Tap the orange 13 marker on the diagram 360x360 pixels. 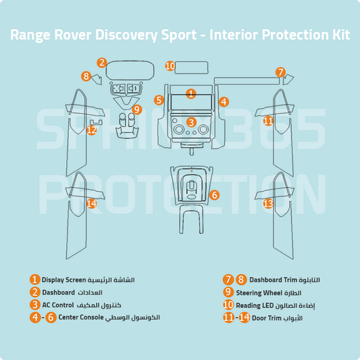(268, 203)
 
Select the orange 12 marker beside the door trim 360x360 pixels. (92, 130)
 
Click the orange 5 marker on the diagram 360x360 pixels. (159, 100)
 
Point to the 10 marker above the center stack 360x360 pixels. (171, 66)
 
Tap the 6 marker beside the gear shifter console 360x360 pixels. (214, 195)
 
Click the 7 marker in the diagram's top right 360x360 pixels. (281, 72)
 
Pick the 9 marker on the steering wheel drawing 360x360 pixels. (136, 109)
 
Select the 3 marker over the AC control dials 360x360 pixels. (191, 122)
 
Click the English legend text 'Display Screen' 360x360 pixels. (64, 280)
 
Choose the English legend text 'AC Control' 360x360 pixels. (57, 305)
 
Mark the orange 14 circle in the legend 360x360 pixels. (245, 317)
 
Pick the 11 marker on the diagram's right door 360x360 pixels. (268, 121)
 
